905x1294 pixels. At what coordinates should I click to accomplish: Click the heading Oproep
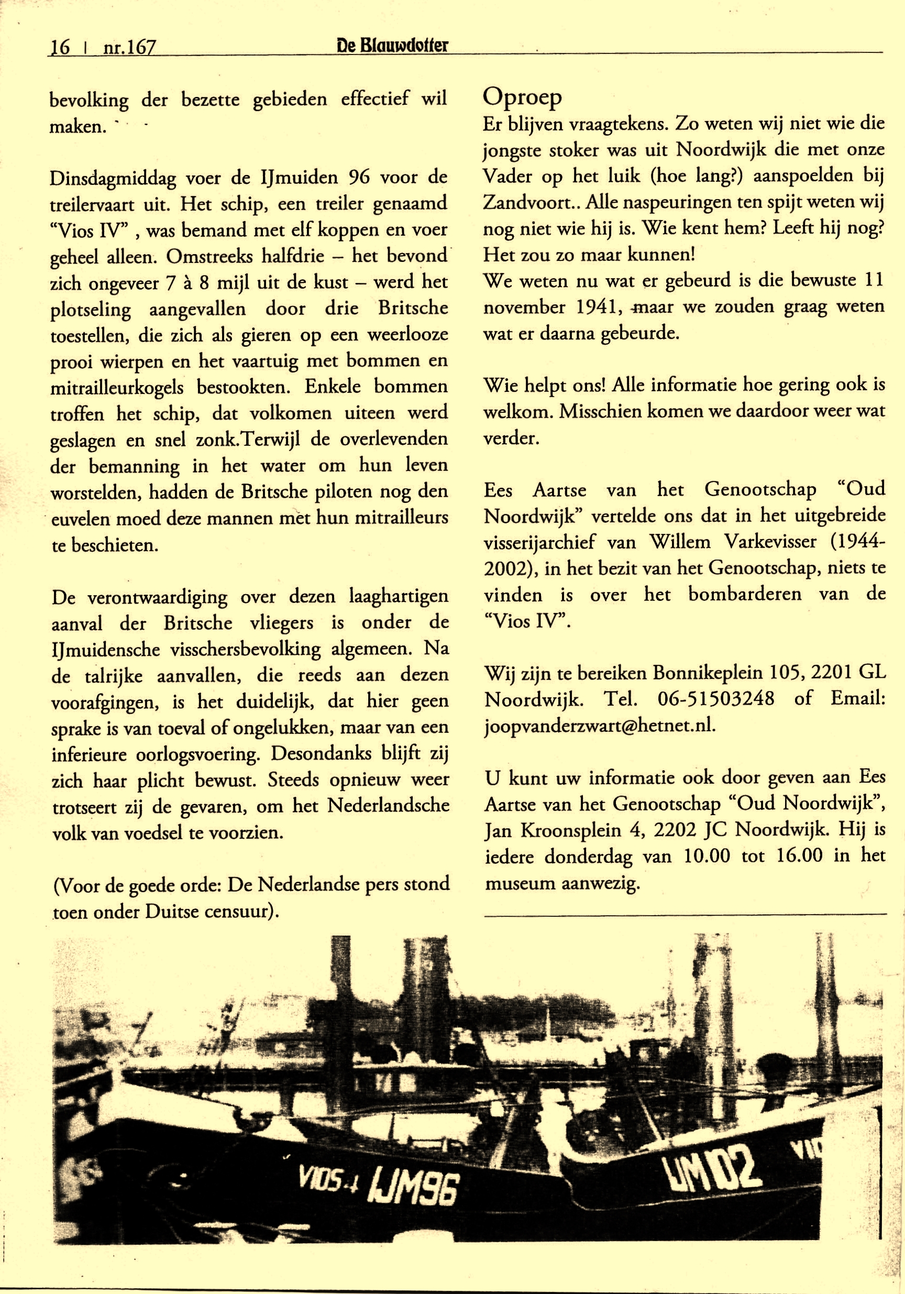click(x=522, y=97)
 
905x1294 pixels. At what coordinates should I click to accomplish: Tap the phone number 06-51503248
click(x=715, y=699)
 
